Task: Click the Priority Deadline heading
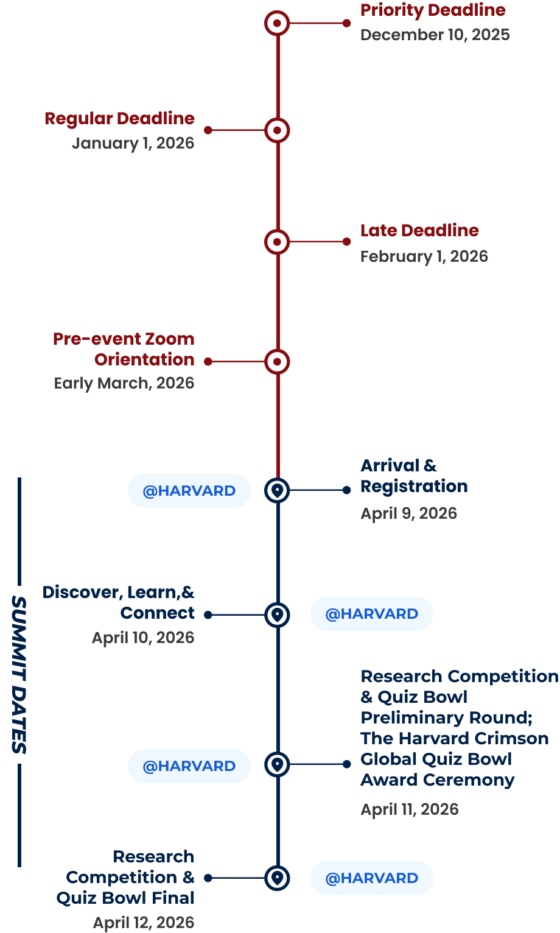pyautogui.click(x=433, y=10)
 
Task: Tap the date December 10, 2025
pyautogui.click(x=435, y=35)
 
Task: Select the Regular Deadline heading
pyautogui.click(x=119, y=119)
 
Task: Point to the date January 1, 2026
pyautogui.click(x=133, y=143)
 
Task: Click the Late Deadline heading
pyautogui.click(x=419, y=231)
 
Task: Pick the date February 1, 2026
pyautogui.click(x=424, y=256)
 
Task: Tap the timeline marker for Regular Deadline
pyautogui.click(x=277, y=130)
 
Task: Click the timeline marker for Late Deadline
pyautogui.click(x=277, y=242)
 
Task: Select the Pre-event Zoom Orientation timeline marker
pyautogui.click(x=277, y=362)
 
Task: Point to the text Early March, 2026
pyautogui.click(x=124, y=383)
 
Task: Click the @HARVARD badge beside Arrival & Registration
pyautogui.click(x=189, y=491)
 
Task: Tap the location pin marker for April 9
pyautogui.click(x=278, y=490)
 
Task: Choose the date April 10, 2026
pyautogui.click(x=143, y=638)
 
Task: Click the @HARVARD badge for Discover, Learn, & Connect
pyautogui.click(x=371, y=614)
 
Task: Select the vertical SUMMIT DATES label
pyautogui.click(x=19, y=674)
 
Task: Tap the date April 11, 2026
pyautogui.click(x=409, y=809)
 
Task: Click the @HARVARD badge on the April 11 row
pyautogui.click(x=189, y=766)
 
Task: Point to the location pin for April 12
pyautogui.click(x=278, y=878)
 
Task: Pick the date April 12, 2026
pyautogui.click(x=143, y=923)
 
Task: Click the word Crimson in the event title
pyautogui.click(x=513, y=739)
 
